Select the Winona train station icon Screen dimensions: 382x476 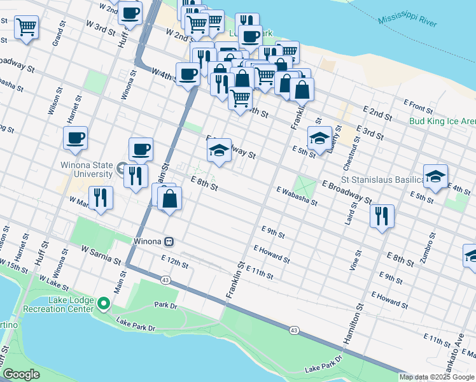[x=169, y=242]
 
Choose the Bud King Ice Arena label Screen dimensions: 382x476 [x=442, y=120]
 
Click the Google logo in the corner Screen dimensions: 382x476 [x=21, y=374]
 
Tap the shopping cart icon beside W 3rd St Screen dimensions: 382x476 [x=27, y=27]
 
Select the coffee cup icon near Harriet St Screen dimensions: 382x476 [x=75, y=138]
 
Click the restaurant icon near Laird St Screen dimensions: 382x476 [x=382, y=216]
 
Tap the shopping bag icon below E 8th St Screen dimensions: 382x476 [x=170, y=199]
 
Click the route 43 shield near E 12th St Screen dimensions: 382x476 [x=165, y=280]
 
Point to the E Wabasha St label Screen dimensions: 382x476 [x=297, y=195]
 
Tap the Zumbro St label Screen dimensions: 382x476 [x=431, y=249]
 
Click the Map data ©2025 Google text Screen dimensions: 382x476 [x=437, y=377]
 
